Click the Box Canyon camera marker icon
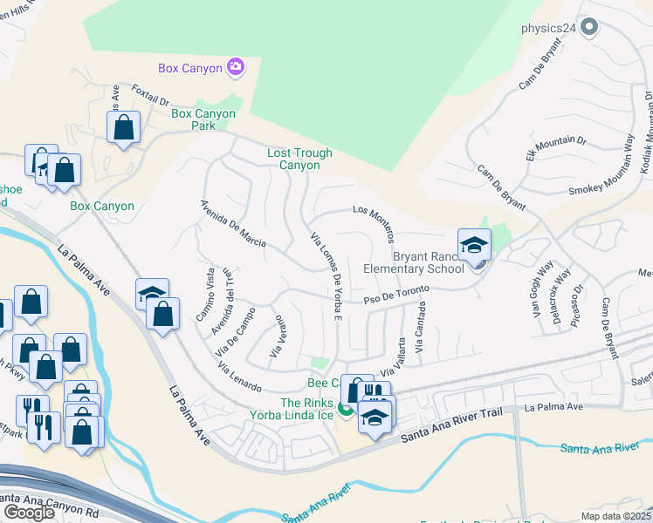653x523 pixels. coord(235,66)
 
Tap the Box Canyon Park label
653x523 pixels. coord(203,120)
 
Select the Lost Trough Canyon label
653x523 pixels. coord(299,159)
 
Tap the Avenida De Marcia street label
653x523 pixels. coord(232,224)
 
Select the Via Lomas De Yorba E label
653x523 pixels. coord(326,275)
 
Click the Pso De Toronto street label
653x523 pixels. coord(397,295)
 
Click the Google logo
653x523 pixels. coord(29,513)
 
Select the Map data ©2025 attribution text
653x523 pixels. coord(616,516)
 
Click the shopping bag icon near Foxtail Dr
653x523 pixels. coord(124,128)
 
